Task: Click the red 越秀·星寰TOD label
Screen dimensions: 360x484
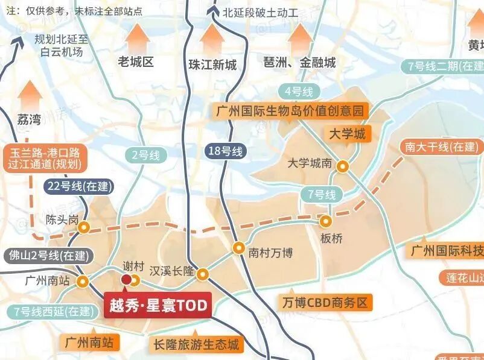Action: click(x=158, y=306)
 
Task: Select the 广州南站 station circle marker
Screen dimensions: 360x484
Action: click(x=83, y=281)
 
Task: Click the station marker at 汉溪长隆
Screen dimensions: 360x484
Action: click(x=203, y=274)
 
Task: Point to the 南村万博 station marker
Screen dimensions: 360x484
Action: click(x=239, y=248)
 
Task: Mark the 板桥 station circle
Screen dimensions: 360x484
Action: click(x=326, y=221)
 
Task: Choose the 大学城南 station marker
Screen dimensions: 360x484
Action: click(x=342, y=166)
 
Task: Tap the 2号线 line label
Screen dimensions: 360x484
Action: click(x=146, y=155)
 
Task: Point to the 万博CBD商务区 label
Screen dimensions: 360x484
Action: click(x=324, y=302)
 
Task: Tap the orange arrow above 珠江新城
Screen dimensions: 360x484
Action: click(x=212, y=39)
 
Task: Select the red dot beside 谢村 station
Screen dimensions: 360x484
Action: click(x=126, y=279)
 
